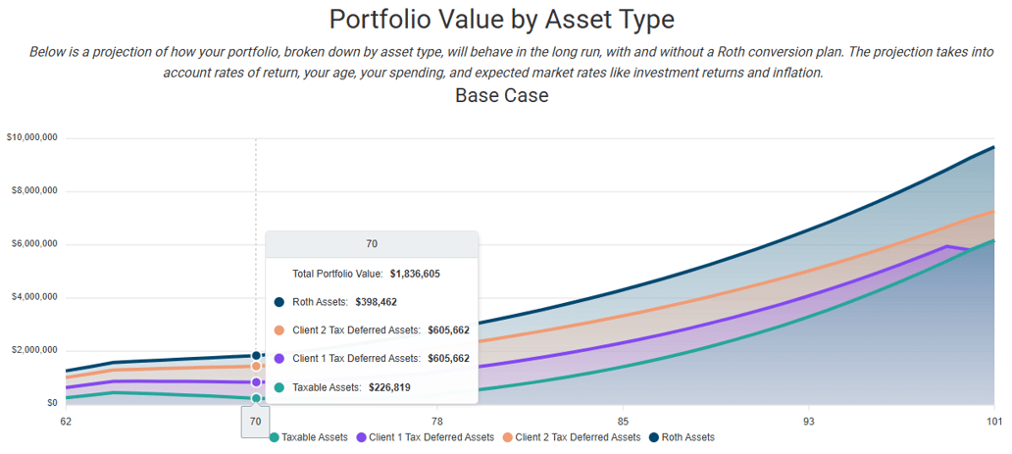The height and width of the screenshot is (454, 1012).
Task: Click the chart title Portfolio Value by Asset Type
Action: click(x=501, y=20)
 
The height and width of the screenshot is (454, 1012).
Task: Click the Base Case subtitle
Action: click(x=501, y=96)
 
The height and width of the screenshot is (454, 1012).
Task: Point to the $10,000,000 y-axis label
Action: click(x=32, y=137)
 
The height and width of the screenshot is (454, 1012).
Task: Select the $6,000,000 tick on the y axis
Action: click(x=34, y=243)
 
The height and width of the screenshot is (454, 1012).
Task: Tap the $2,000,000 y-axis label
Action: click(x=34, y=350)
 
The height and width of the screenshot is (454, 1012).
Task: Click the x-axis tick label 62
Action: click(x=66, y=421)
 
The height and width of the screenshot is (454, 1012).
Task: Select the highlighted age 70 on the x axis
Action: click(x=255, y=421)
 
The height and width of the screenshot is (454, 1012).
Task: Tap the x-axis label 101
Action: click(x=993, y=421)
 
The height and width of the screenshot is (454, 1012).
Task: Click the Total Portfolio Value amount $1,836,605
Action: click(x=415, y=274)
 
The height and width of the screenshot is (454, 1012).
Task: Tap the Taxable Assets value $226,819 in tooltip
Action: click(x=389, y=387)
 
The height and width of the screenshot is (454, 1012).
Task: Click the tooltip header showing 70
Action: click(x=372, y=244)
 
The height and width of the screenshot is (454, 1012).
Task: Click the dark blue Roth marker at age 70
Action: click(x=256, y=356)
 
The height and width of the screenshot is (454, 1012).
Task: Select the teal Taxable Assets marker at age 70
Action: click(x=256, y=398)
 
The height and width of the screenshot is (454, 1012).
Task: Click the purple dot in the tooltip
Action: click(x=279, y=359)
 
